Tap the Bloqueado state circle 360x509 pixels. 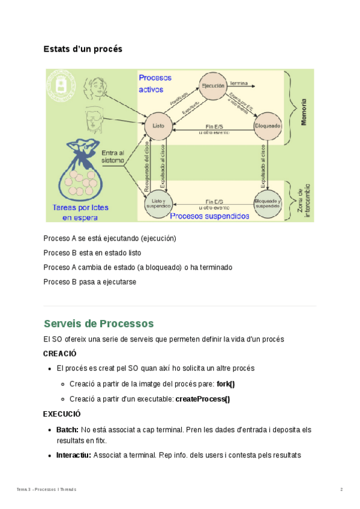268,126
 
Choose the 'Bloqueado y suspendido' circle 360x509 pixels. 267,203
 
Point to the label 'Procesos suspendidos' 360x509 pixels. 209,215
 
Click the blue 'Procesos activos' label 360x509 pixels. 155,83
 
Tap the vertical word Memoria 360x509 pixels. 304,112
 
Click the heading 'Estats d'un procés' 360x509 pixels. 83,49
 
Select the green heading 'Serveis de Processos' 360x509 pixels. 99,324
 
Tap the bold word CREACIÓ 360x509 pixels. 59,354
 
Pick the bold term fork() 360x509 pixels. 226,384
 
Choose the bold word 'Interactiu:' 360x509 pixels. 74,456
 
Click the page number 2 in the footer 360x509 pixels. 341,490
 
